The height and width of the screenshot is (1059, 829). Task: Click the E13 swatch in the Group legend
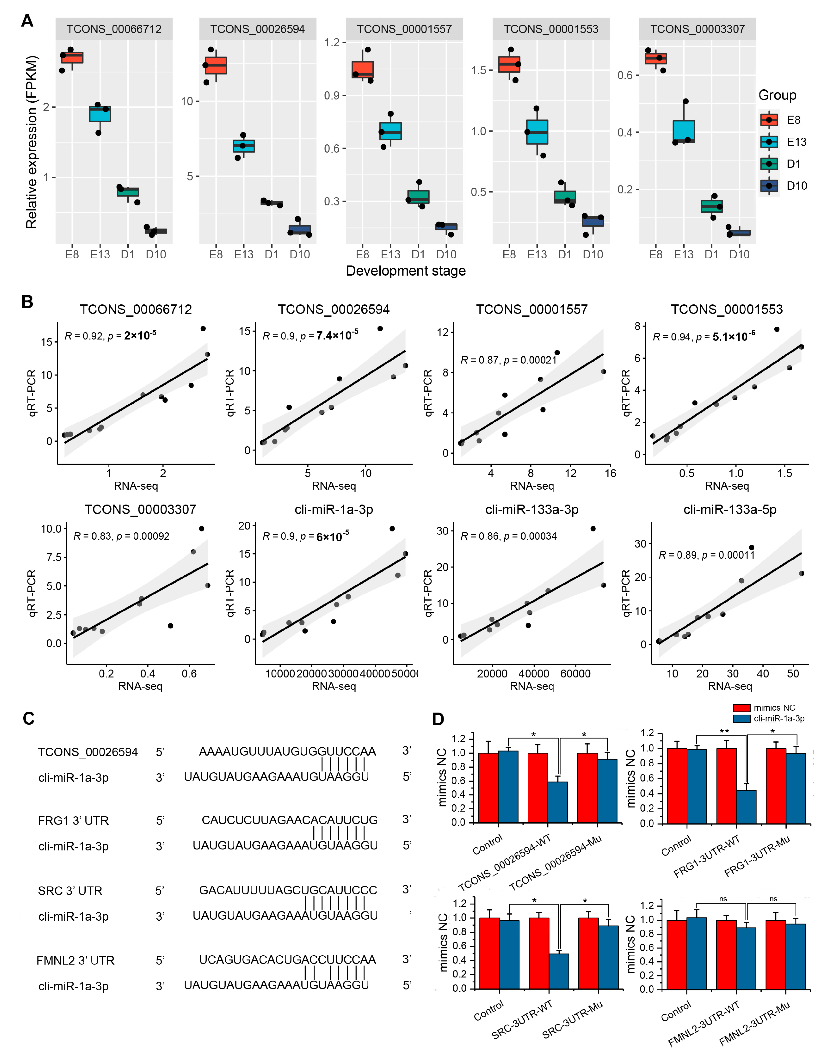pos(769,142)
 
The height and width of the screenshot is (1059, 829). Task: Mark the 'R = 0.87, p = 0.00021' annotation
pos(508,360)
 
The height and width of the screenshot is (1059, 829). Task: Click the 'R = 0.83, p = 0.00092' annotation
pos(121,536)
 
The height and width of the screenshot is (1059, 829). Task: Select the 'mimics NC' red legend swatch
pos(742,708)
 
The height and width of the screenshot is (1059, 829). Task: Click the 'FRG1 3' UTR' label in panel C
pos(73,820)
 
